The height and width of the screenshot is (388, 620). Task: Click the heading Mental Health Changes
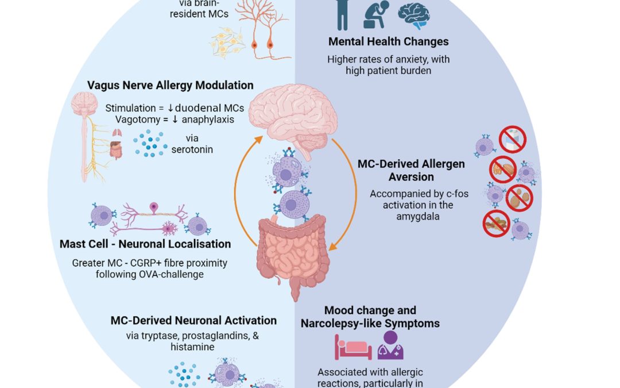388,41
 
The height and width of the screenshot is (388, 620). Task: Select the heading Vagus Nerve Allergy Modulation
170,85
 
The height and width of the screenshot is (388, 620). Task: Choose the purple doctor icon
390,345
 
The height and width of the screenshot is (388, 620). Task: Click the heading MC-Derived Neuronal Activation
193,321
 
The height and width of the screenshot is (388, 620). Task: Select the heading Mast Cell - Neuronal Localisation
145,244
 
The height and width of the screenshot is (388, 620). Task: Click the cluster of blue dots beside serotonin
151,143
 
